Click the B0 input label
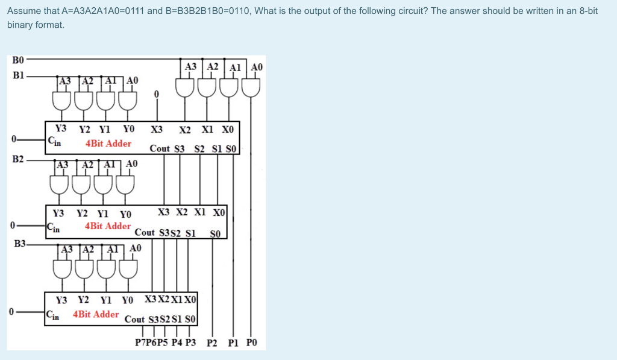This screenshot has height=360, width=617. tap(17, 60)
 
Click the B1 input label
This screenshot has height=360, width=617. tap(17, 77)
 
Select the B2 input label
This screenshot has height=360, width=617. tap(17, 159)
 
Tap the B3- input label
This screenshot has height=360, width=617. tap(20, 244)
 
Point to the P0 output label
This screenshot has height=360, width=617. tap(252, 343)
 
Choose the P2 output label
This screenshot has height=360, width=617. tap(212, 343)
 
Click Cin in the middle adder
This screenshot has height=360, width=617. tap(54, 227)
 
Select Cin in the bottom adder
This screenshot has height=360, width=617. tap(53, 314)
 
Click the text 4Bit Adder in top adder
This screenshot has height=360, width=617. tap(108, 144)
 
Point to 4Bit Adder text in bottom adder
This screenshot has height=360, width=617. tap(96, 314)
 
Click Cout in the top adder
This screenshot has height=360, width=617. tap(160, 148)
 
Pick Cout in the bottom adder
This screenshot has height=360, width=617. tap(134, 319)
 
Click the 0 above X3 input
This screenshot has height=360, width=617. tap(156, 95)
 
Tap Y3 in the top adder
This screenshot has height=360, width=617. tap(61, 128)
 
